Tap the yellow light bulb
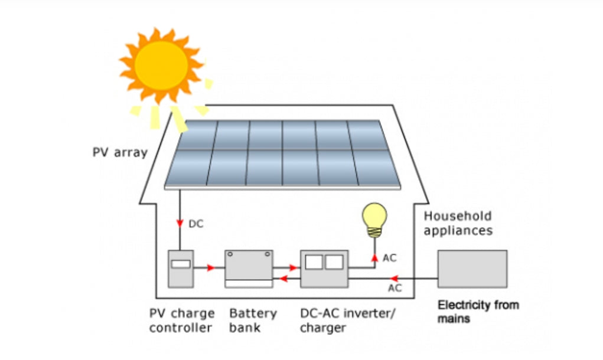pyautogui.click(x=374, y=218)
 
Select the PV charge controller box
pyautogui.click(x=180, y=269)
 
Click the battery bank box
pyautogui.click(x=249, y=269)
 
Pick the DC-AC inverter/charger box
pyautogui.click(x=324, y=269)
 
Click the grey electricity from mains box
pyautogui.click(x=472, y=269)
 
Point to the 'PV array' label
pyautogui.click(x=120, y=152)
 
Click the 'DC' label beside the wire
pyautogui.click(x=195, y=224)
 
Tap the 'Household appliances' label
pyautogui.click(x=458, y=223)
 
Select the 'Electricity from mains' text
pyautogui.click(x=478, y=312)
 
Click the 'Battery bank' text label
pyautogui.click(x=253, y=320)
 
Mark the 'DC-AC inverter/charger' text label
pyautogui.click(x=345, y=320)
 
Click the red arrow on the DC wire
pyautogui.click(x=180, y=223)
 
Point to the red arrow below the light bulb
pyautogui.click(x=374, y=257)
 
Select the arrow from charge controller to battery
pyautogui.click(x=211, y=267)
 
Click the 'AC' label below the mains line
pyautogui.click(x=395, y=288)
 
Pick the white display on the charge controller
pyautogui.click(x=180, y=264)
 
